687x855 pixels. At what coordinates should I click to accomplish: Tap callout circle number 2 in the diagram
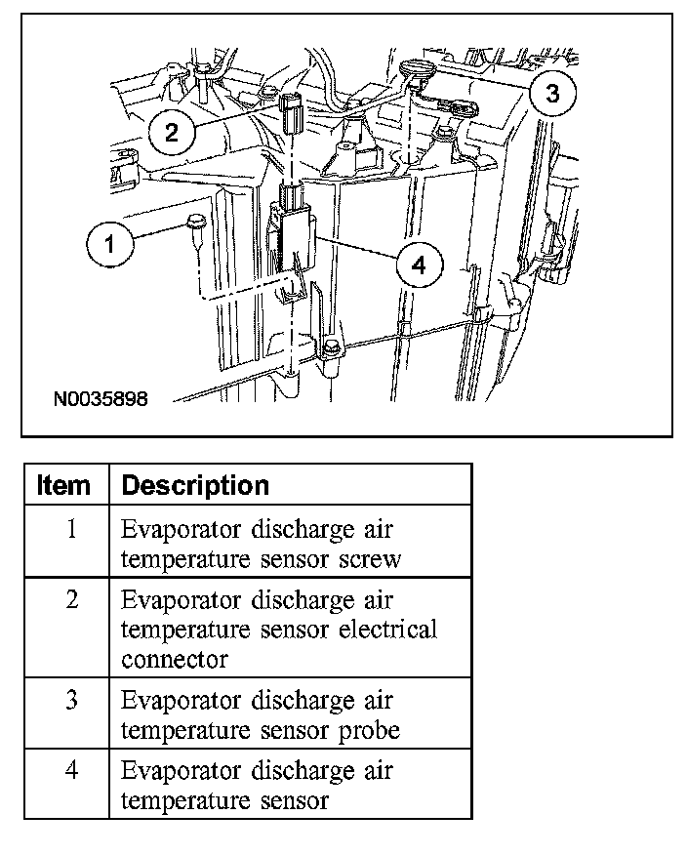(172, 132)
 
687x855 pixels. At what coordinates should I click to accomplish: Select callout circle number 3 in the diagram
(552, 93)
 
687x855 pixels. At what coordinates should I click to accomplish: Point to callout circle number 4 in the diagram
(419, 265)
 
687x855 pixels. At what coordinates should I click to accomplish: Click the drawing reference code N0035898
(101, 400)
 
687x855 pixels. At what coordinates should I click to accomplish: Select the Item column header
(63, 485)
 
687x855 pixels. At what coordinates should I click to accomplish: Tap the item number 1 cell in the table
(70, 530)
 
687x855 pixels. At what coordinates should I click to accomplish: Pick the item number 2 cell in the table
(70, 599)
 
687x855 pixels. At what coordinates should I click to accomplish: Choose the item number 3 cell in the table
(70, 700)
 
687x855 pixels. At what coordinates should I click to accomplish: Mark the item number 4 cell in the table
(70, 771)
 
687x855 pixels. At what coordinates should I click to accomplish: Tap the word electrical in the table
(387, 630)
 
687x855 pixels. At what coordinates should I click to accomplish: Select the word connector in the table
(174, 660)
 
